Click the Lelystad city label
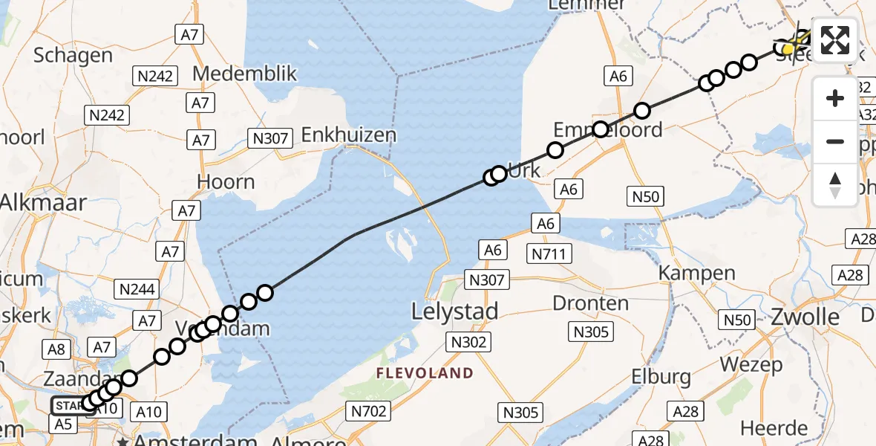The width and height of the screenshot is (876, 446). [x=455, y=311]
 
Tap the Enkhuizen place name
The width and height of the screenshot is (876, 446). [x=348, y=135]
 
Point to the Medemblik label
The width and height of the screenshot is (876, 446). [x=244, y=74]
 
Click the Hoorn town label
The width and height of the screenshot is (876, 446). [x=226, y=182]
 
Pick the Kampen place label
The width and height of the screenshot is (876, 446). [x=697, y=273]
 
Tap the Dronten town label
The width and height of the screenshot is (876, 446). [x=590, y=303]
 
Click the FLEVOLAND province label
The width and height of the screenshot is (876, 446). [x=425, y=372]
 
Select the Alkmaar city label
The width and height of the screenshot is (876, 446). [x=43, y=203]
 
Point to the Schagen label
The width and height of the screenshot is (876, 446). [x=73, y=56]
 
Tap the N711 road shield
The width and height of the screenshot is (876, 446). [x=549, y=254]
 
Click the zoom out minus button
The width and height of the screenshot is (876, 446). [x=835, y=141]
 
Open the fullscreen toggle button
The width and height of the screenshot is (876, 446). [x=835, y=40]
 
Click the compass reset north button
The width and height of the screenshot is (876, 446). [x=835, y=184]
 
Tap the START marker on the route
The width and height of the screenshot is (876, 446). [x=68, y=406]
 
